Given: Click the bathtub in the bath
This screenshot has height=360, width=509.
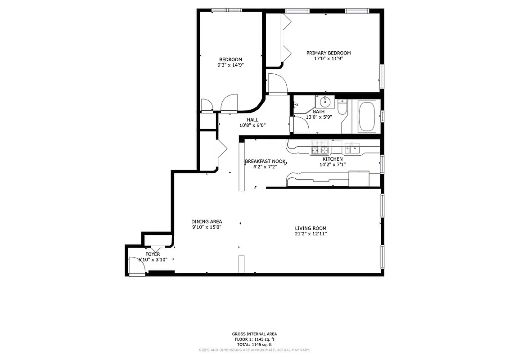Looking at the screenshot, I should [367, 117].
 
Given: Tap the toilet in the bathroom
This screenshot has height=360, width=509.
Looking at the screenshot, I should [342, 108].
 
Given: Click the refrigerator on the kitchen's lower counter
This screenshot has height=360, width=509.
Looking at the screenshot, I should [359, 179].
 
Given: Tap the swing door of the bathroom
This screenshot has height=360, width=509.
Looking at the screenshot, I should [300, 123].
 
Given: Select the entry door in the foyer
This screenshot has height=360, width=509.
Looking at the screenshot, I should [136, 265].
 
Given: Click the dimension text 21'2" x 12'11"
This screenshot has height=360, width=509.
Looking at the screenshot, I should [311, 234].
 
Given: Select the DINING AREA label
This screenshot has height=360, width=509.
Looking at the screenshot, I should [207, 221].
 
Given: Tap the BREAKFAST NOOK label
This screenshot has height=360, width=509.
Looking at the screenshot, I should [265, 161].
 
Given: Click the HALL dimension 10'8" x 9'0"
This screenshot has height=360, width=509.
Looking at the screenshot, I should [252, 126].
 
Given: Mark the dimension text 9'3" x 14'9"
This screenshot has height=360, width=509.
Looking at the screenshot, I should [230, 65].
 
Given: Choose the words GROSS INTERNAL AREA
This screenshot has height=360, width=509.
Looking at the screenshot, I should [254, 334].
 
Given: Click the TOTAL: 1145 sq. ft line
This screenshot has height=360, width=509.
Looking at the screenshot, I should [254, 344].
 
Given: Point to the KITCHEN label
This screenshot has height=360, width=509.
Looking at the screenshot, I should [333, 159].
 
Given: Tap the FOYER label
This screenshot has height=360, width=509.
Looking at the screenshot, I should [153, 254].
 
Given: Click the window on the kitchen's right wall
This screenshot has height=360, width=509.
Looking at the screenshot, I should [382, 164].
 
